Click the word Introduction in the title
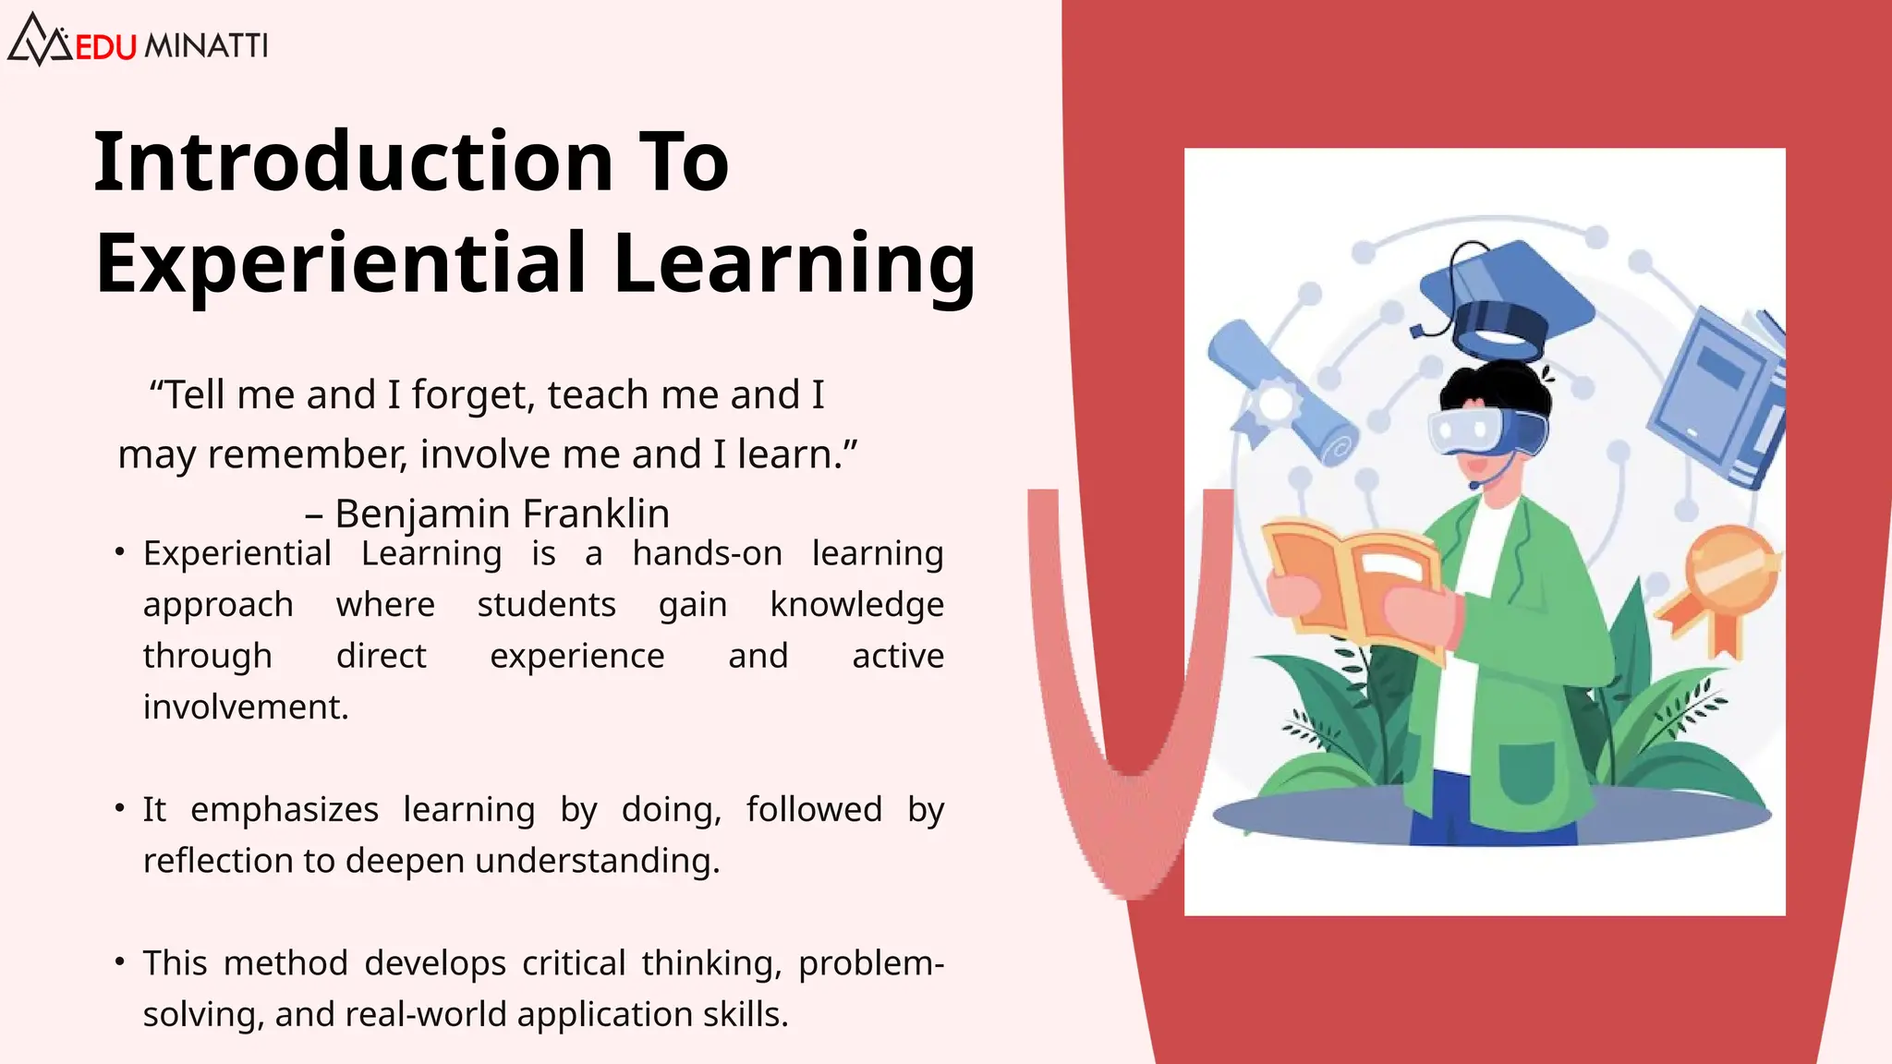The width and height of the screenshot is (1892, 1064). [x=353, y=163]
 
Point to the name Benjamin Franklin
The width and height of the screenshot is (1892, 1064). [x=502, y=514]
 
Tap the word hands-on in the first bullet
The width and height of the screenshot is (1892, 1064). [x=707, y=553]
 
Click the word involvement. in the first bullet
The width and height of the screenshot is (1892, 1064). [x=246, y=707]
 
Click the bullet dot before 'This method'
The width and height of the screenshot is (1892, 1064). [x=120, y=961]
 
